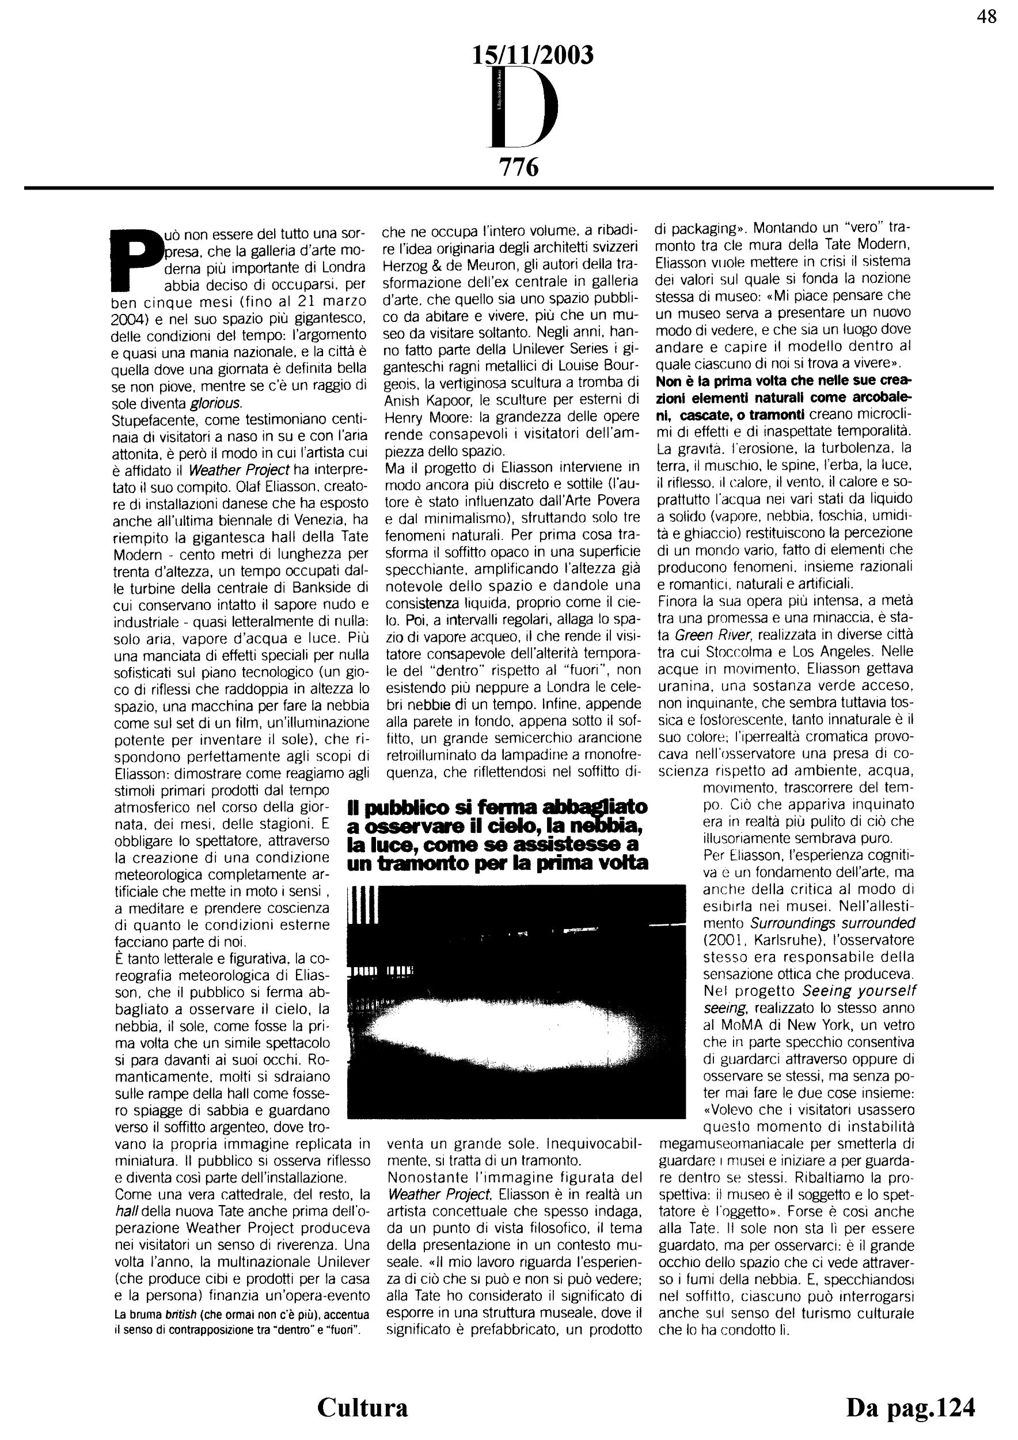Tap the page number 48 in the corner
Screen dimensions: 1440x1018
point(986,17)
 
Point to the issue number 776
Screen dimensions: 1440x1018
point(518,168)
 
